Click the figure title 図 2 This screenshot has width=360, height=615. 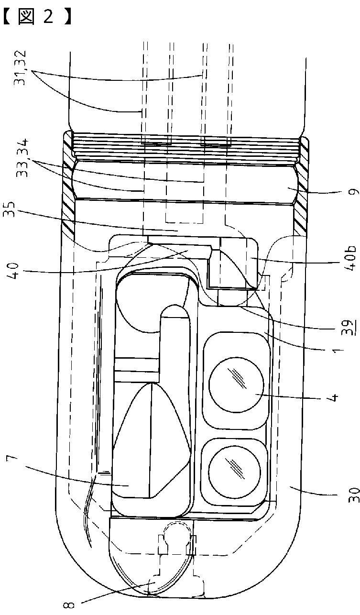[37, 17]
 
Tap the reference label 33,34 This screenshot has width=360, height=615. [22, 158]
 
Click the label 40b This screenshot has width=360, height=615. [350, 259]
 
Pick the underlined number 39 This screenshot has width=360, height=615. [350, 328]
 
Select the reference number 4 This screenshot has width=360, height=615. [335, 397]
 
